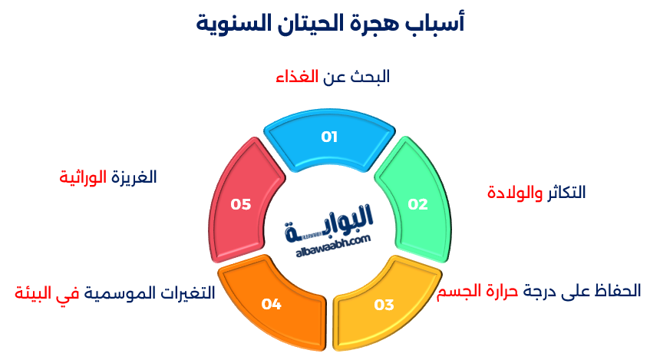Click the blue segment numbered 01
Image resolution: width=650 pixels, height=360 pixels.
coord(330,138)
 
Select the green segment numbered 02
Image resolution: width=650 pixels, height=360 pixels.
coord(417,203)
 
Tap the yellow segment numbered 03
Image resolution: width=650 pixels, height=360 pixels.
coord(384,305)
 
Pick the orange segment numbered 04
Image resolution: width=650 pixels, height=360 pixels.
coord(272,305)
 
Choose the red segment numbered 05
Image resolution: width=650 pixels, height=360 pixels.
coord(241,204)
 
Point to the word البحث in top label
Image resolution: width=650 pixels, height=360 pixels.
coord(370,77)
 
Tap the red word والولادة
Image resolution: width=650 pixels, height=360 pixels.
coord(515,193)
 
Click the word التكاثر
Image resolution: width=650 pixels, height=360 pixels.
coord(566,193)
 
